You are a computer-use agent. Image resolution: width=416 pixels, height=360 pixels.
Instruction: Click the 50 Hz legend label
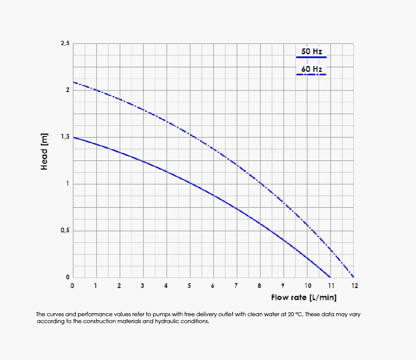312,52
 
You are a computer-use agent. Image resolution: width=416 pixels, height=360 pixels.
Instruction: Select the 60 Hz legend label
312,69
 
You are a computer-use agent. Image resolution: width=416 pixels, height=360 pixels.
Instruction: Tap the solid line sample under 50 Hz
311,57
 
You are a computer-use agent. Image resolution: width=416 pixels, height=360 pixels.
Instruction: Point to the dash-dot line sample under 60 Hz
311,75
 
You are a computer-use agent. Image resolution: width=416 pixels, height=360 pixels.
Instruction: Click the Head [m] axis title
44,151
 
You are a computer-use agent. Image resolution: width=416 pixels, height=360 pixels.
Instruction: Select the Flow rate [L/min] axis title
304,298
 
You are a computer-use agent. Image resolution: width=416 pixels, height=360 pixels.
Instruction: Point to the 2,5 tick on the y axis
65,43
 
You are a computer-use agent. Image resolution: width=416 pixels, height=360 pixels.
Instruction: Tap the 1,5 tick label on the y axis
65,137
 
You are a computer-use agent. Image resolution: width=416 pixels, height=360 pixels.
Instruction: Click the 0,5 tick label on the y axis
65,231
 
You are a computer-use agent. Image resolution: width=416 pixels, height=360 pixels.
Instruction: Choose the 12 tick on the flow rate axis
354,286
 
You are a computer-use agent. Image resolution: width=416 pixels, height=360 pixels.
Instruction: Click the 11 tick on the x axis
331,286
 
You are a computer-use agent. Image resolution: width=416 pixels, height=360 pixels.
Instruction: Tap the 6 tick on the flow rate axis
213,286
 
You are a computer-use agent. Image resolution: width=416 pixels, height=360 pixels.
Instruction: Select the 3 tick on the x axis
143,286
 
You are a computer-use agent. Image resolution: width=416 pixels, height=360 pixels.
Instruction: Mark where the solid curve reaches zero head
330,277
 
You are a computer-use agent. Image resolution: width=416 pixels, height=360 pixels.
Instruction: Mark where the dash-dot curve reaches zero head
354,277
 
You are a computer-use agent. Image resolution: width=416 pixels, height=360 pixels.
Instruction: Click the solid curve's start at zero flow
73,137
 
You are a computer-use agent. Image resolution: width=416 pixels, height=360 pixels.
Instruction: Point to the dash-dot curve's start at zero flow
73,82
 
